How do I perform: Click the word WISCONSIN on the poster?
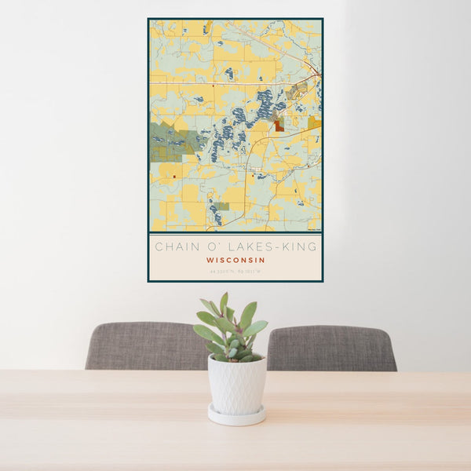(x=235, y=260)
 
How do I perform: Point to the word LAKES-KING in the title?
(x=279, y=246)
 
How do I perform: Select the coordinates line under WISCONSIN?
(x=235, y=272)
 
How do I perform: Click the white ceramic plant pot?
(x=236, y=384)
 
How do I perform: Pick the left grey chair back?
(x=145, y=345)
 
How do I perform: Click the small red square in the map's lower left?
(x=174, y=177)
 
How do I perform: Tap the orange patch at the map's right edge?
(x=315, y=122)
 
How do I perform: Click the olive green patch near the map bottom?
(x=224, y=206)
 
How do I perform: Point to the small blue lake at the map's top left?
(x=205, y=29)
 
